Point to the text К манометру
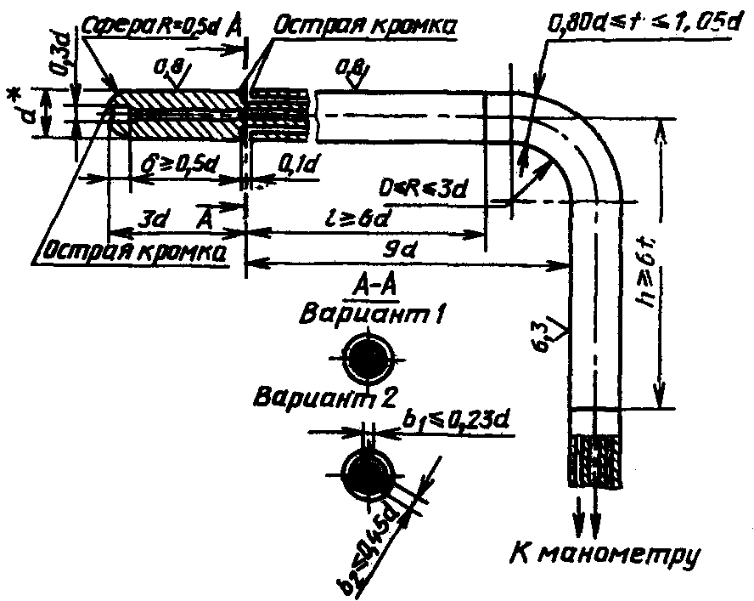[605, 555]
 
